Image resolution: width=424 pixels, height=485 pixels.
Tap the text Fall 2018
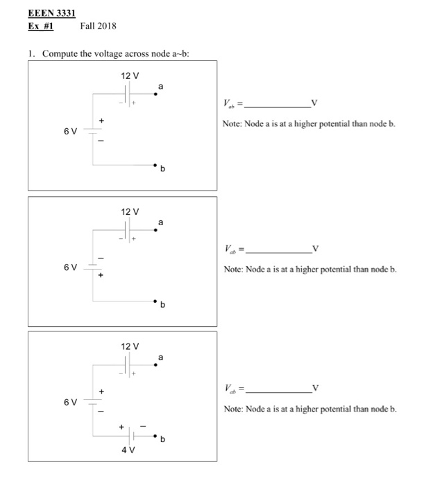click(98, 26)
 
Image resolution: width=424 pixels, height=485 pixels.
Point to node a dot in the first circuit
click(155, 97)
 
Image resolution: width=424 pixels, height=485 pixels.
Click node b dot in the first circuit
click(155, 166)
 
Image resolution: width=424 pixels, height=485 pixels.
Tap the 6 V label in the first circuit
click(69, 131)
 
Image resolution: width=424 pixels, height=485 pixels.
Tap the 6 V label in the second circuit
click(69, 267)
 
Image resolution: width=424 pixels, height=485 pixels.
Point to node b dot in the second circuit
click(155, 301)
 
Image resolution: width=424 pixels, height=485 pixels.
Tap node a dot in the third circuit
click(155, 367)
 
